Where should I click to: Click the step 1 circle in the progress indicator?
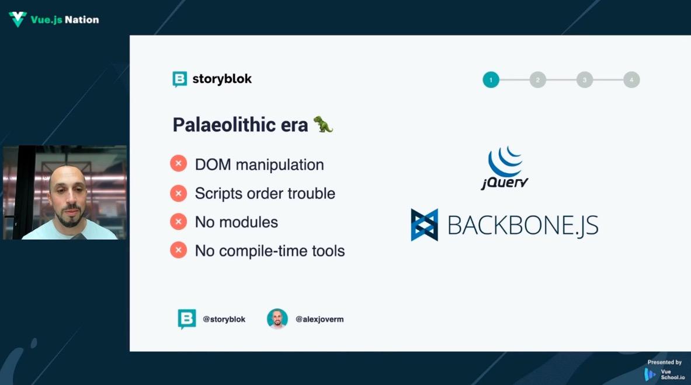[x=491, y=80]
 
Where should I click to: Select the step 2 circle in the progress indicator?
[x=537, y=80]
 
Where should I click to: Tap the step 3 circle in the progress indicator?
[x=584, y=80]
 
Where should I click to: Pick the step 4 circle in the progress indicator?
[x=631, y=80]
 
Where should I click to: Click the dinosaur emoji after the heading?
[x=323, y=124]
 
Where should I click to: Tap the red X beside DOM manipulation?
[x=179, y=164]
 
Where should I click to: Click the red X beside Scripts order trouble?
[x=179, y=192]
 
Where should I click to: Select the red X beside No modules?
[x=179, y=221]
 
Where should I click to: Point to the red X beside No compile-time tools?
[x=179, y=250]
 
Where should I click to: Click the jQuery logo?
[x=505, y=168]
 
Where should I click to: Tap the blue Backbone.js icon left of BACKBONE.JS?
[x=425, y=225]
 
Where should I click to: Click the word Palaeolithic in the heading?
[x=224, y=125]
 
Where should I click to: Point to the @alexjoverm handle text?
[x=320, y=320]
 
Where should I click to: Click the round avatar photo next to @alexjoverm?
[x=277, y=319]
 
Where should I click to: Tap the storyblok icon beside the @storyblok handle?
[x=187, y=319]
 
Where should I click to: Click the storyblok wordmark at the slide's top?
[x=212, y=79]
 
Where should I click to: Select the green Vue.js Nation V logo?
[x=18, y=19]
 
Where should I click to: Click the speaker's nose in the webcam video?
[x=69, y=198]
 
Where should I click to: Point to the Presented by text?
[x=665, y=362]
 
